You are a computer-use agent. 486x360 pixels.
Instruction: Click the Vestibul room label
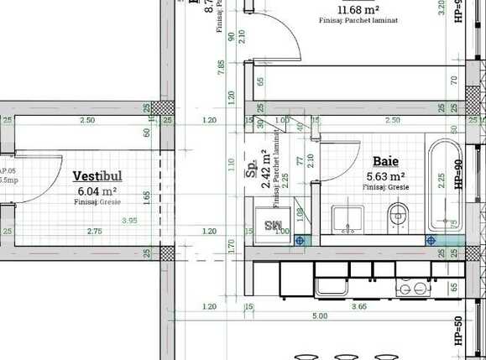pos(97,177)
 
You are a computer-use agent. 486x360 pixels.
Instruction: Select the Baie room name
pos(385,160)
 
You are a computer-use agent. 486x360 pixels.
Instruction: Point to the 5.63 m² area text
pos(386,176)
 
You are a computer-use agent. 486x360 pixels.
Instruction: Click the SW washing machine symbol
pos(274,225)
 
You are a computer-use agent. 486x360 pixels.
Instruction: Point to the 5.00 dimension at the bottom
pos(319,316)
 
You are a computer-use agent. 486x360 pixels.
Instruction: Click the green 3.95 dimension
pos(129,221)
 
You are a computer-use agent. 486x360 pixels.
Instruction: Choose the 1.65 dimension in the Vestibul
pos(146,197)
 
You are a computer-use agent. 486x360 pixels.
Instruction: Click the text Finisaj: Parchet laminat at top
pos(358,20)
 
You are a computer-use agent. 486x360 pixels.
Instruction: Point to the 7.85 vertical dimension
pos(222,68)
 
